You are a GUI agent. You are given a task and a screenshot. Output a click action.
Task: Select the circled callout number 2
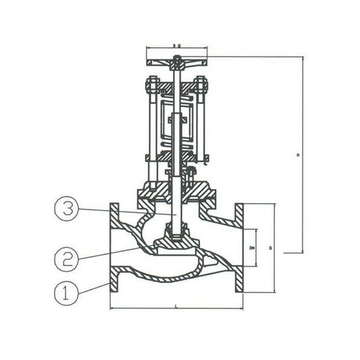[66, 257]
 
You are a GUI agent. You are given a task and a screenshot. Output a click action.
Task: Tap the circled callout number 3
[66, 211]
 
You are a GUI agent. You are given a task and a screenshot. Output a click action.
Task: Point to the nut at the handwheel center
[176, 66]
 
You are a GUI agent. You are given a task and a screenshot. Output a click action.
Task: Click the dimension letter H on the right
[298, 155]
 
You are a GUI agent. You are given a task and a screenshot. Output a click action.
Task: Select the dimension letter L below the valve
[176, 307]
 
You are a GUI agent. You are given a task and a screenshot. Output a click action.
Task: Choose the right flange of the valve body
[238, 249]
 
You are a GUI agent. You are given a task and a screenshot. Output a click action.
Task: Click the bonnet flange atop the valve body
[176, 199]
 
